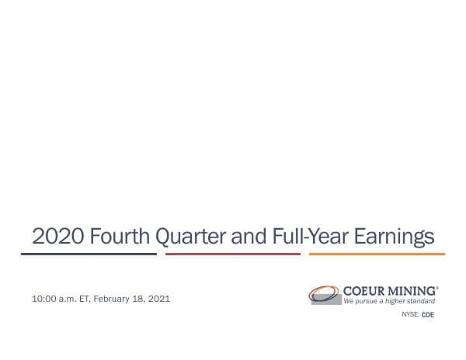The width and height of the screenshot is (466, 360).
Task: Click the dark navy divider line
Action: (89, 254)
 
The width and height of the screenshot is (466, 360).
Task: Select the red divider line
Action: (233, 254)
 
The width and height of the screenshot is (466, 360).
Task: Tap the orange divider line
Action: (377, 254)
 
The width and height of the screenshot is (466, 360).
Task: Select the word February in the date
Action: (112, 298)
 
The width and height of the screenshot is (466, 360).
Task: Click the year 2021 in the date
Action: (158, 298)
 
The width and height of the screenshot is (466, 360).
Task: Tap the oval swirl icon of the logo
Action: (324, 295)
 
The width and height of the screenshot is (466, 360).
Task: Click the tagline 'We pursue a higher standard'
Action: (389, 300)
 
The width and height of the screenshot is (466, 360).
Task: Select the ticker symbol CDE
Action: (427, 315)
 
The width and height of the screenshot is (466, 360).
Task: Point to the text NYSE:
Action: (410, 315)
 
